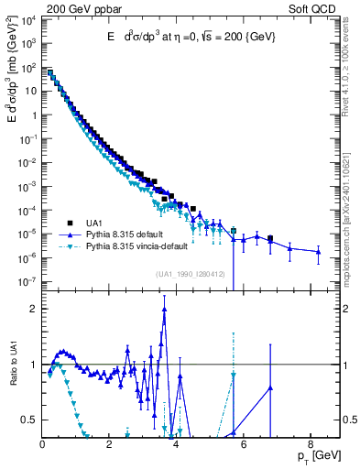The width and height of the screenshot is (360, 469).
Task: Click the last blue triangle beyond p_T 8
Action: [x=318, y=252]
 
